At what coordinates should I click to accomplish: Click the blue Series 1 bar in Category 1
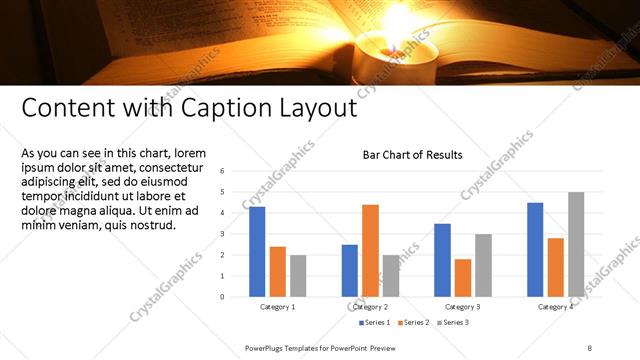[257, 251]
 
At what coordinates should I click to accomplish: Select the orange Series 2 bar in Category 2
[370, 250]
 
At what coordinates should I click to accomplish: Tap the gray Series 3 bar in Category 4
[576, 244]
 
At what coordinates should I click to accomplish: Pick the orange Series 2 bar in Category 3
[463, 277]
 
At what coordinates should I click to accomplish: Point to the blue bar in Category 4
[535, 249]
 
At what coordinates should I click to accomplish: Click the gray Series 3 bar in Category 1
[298, 275]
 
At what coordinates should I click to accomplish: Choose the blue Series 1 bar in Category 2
[350, 270]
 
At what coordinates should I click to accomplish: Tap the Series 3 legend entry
[452, 322]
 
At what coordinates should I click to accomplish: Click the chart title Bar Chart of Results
[412, 155]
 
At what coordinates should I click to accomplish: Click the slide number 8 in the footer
[590, 347]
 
